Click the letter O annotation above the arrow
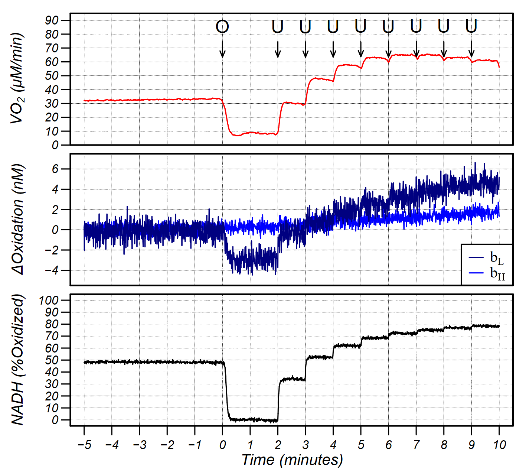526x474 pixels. point(222,27)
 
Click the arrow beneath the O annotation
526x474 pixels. point(222,49)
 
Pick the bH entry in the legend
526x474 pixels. point(497,273)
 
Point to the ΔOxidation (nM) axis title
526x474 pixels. point(17,220)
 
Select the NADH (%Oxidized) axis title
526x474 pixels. point(17,360)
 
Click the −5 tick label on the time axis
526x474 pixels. point(84,445)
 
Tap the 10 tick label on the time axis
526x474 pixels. point(499,445)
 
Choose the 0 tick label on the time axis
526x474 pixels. point(222,445)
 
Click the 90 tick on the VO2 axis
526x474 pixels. point(52,20)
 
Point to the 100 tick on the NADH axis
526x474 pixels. point(49,300)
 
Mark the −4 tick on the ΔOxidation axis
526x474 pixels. point(52,270)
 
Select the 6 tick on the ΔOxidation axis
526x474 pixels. point(55,169)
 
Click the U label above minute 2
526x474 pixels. point(278,27)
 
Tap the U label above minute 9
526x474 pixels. point(471,27)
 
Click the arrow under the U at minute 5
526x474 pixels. point(361,49)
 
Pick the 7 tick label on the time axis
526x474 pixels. point(416,445)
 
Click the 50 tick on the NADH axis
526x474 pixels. point(52,360)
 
